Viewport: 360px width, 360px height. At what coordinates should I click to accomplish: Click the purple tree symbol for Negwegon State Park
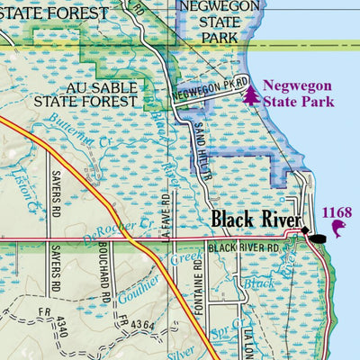pyautogui.click(x=250, y=94)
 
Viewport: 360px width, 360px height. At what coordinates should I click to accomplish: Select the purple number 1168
pyautogui.click(x=337, y=213)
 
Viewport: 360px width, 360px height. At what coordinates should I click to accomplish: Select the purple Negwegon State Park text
pyautogui.click(x=298, y=94)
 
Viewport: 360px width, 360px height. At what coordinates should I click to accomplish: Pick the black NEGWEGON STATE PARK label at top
pyautogui.click(x=209, y=22)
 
